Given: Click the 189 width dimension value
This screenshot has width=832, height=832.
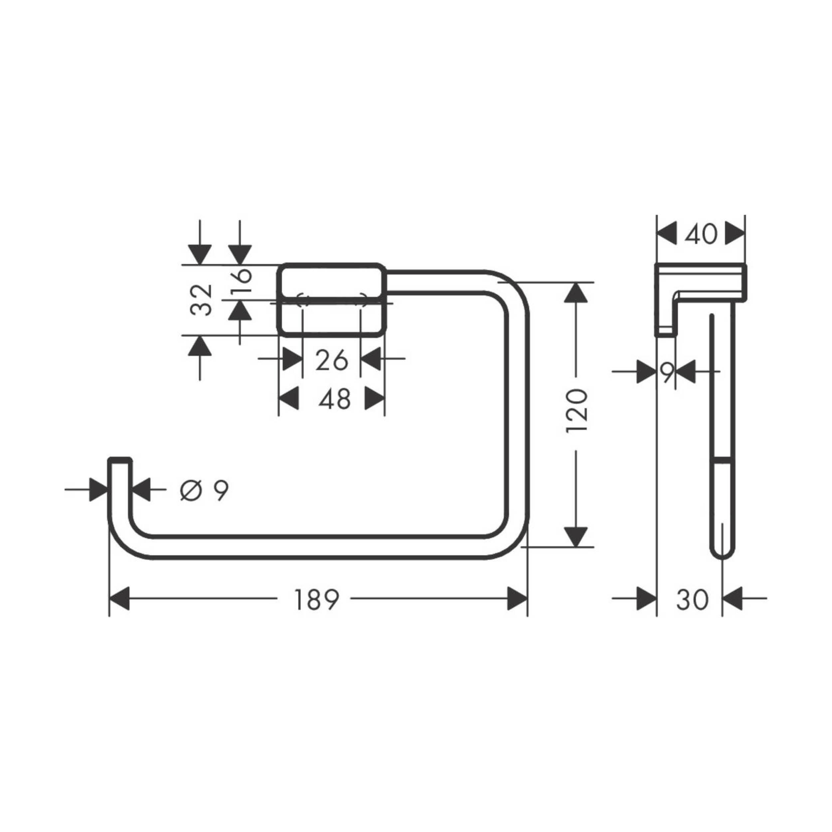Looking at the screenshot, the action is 316,599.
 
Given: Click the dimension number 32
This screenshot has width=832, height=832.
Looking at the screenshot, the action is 202,300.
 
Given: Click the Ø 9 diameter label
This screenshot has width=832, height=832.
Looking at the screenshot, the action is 204,490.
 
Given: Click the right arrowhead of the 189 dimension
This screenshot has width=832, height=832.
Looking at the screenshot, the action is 517,599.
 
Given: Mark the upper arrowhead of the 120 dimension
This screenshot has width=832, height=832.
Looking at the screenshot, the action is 576,293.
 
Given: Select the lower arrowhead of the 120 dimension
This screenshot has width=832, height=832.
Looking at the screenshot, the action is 576,536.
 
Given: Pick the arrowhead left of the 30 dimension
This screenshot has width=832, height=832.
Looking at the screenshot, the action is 646,599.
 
